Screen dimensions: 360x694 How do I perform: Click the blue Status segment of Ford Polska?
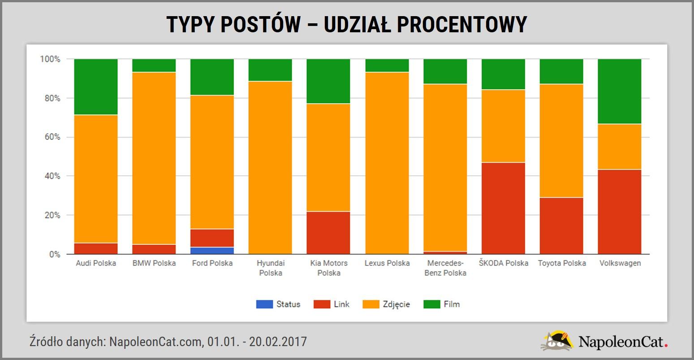pos(212,251)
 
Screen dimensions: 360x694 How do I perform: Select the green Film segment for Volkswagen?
pos(619,91)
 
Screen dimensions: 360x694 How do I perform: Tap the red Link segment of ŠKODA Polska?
pos(503,208)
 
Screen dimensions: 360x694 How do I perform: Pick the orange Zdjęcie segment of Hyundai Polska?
pos(270,168)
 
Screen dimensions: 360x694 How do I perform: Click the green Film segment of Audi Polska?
pos(96,87)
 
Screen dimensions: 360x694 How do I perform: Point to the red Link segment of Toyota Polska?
pos(561,226)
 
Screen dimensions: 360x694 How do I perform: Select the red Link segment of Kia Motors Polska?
pos(328,233)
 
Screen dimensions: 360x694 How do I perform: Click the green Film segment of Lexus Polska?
pos(387,65)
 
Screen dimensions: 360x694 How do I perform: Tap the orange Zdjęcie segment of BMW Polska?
pos(154,158)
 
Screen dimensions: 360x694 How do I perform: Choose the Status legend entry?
pos(278,304)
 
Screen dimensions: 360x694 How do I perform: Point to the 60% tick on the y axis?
pos(51,137)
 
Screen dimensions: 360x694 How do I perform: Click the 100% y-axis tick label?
pos(50,59)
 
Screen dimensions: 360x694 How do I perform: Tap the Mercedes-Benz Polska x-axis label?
pos(445,268)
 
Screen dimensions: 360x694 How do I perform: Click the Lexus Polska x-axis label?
pos(387,263)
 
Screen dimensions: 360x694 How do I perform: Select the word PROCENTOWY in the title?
pos(462,24)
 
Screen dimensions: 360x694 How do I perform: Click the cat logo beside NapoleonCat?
pos(557,341)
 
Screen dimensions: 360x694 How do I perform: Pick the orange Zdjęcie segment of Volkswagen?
pos(619,147)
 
